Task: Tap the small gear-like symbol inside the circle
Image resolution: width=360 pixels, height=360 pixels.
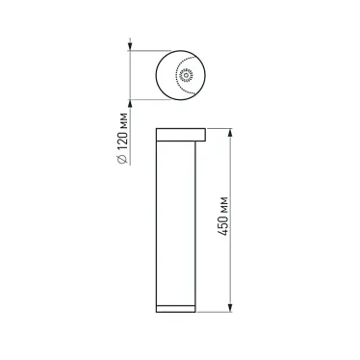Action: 182,74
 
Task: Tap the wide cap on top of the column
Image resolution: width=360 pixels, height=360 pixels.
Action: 182,133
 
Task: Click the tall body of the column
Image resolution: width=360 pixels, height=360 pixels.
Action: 178,221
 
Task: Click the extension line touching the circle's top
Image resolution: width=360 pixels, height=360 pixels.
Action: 144,49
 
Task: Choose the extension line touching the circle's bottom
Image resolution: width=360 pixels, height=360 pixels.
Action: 144,97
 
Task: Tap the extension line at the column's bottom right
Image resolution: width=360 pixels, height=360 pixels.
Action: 217,311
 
